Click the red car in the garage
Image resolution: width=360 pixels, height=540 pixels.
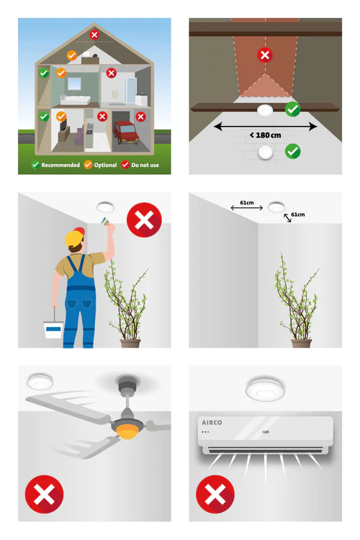coord(127,132)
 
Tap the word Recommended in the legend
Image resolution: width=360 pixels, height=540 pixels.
coord(60,165)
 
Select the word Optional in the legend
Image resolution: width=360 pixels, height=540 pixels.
coord(105,165)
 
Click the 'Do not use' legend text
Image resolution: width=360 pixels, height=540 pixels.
coord(145,165)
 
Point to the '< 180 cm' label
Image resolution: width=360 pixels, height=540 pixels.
coord(265,135)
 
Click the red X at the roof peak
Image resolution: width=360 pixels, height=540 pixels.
coord(94,35)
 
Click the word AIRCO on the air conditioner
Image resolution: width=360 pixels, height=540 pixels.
coord(212,423)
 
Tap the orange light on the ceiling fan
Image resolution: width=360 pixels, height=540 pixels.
coord(127,432)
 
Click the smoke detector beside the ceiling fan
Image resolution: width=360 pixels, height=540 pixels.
coord(40,381)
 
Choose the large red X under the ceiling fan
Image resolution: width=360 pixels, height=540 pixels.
coord(44,494)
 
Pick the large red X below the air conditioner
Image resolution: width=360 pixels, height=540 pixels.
coord(215,494)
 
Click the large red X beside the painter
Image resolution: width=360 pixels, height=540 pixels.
coord(144,220)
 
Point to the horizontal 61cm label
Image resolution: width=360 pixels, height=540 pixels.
coord(247,202)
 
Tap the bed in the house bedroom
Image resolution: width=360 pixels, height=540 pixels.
coord(76,100)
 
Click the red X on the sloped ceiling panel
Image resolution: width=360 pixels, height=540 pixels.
coord(265,55)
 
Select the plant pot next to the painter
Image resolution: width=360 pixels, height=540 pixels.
coord(130,343)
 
